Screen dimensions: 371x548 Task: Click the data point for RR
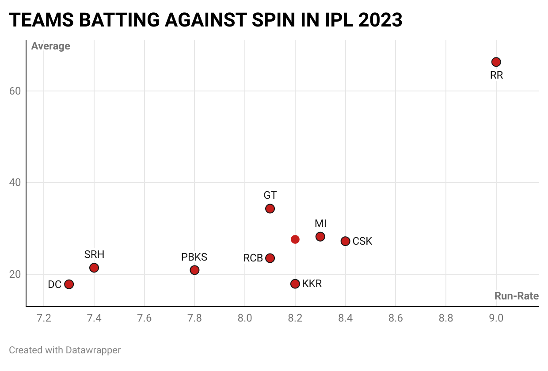496,62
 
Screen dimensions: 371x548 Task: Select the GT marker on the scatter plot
270,208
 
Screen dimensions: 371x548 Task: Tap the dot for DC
69,284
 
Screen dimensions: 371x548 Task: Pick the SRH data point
94,268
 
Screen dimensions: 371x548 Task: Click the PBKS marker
194,270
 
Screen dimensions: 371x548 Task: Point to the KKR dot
295,284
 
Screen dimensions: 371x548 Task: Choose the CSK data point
345,241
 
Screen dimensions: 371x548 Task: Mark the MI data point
320,237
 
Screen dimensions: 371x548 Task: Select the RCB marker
270,258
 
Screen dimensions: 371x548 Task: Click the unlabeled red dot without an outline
295,239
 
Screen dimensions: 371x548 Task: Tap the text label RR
496,76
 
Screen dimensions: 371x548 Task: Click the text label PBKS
194,257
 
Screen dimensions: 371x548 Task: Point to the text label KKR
312,284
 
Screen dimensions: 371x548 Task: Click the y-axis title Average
50,46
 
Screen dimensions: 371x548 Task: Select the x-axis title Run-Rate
516,296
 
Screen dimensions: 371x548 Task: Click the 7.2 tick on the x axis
44,318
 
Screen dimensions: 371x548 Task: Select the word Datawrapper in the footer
93,350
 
